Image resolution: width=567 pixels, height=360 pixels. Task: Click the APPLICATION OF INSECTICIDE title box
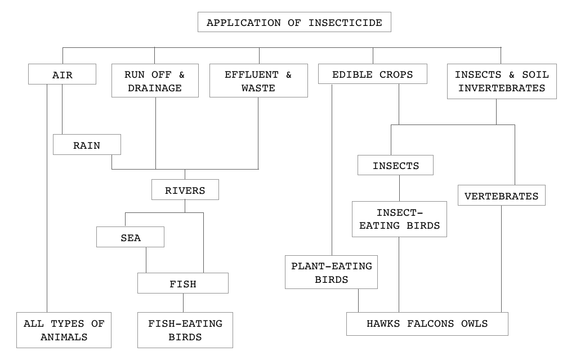[x=294, y=23]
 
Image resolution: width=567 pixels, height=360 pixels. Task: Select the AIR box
[x=62, y=74]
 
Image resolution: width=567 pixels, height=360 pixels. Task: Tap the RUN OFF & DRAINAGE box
[x=154, y=81]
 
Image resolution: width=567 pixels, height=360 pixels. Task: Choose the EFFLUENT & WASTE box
[x=258, y=81]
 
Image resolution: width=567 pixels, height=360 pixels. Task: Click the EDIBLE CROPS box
[x=372, y=74]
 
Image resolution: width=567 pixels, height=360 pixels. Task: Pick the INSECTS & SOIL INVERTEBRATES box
[x=501, y=81]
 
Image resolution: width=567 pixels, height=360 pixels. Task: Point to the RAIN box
[x=87, y=145]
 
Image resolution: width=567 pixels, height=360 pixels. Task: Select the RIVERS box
[x=185, y=190]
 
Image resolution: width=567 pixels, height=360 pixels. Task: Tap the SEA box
[x=130, y=237]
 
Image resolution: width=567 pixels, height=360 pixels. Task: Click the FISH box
[x=183, y=283]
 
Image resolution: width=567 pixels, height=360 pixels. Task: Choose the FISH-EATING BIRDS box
[x=185, y=330]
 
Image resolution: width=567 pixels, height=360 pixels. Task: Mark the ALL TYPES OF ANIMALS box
[x=64, y=330]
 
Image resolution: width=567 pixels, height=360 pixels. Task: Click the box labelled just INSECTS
[x=395, y=166]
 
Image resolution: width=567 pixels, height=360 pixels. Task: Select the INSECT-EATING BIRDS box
[x=399, y=219]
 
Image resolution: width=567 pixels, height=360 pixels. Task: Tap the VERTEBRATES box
[x=501, y=196]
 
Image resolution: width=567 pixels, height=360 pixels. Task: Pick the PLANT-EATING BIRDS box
[x=331, y=272]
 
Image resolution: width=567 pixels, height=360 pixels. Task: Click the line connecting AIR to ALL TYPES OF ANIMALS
[x=47, y=225]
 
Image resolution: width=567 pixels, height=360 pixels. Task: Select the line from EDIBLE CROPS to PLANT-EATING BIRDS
[x=332, y=169]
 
